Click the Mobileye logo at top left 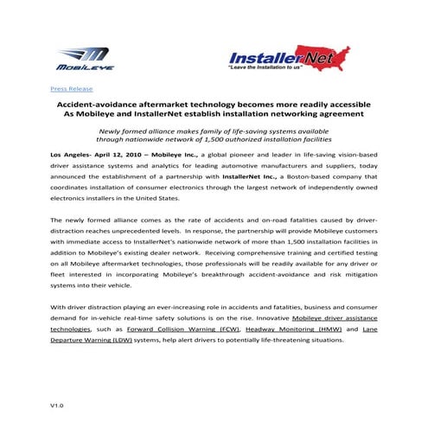pos(80,58)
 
